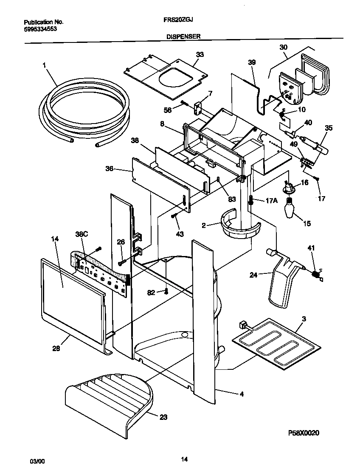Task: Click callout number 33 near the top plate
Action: pyautogui.click(x=200, y=55)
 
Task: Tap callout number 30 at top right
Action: pyautogui.click(x=284, y=48)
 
